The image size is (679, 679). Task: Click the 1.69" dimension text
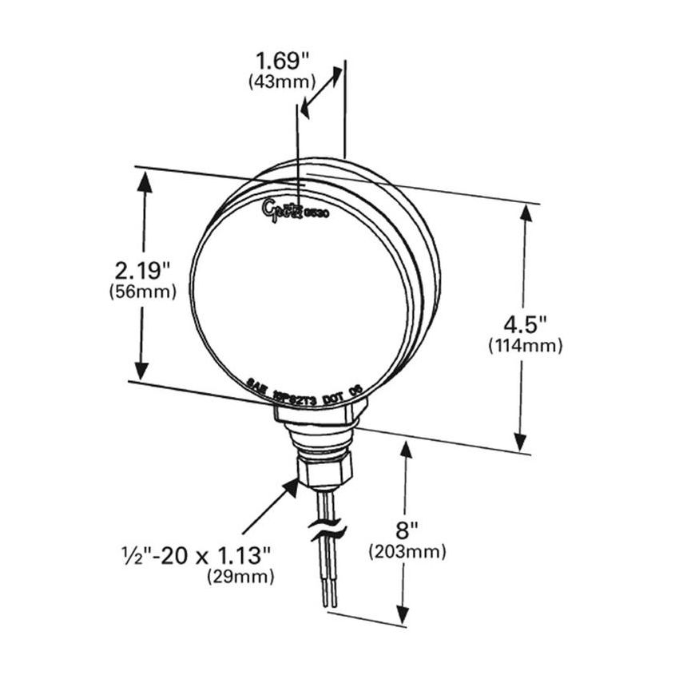(x=282, y=60)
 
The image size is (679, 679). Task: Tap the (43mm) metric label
(x=282, y=81)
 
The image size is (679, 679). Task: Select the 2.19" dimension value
(x=142, y=268)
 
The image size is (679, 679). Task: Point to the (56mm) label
(x=142, y=292)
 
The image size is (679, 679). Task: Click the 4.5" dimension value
(x=524, y=324)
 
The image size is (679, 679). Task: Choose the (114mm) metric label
(x=525, y=346)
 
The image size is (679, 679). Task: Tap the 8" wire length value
(x=407, y=529)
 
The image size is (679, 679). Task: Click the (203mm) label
(x=407, y=551)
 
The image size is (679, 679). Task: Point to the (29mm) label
(x=240, y=576)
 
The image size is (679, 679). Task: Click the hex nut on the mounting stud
(x=324, y=471)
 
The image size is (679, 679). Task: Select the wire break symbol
(x=328, y=530)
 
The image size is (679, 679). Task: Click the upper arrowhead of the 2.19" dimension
(x=144, y=181)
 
